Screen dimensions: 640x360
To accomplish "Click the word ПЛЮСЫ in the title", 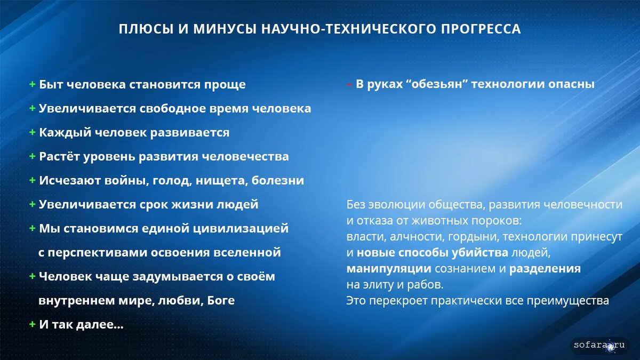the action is point(146,29).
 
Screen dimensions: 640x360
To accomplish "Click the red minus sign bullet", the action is point(349,85).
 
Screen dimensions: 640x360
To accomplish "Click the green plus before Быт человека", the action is point(33,84).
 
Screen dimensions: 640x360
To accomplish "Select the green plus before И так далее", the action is point(33,324).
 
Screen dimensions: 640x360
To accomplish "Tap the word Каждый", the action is point(65,133).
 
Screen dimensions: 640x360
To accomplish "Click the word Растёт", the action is point(59,156).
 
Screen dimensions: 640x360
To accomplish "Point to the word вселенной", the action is point(247,253).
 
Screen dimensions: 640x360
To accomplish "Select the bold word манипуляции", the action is point(389,269).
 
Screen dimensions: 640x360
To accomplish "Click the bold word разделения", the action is point(545,269).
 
